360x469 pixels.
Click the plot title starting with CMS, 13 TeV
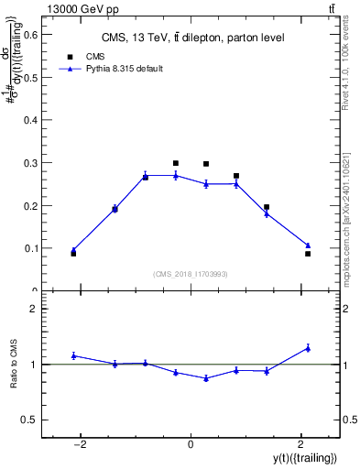click(x=191, y=38)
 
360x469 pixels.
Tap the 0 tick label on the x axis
click(x=191, y=444)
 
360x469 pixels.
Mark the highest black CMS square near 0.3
click(x=175, y=163)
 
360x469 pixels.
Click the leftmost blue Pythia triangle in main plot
click(x=73, y=249)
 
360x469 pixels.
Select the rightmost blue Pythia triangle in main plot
click(x=308, y=245)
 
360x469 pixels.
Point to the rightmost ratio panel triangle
click(x=308, y=347)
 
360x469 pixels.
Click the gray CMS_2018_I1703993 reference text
click(x=191, y=273)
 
